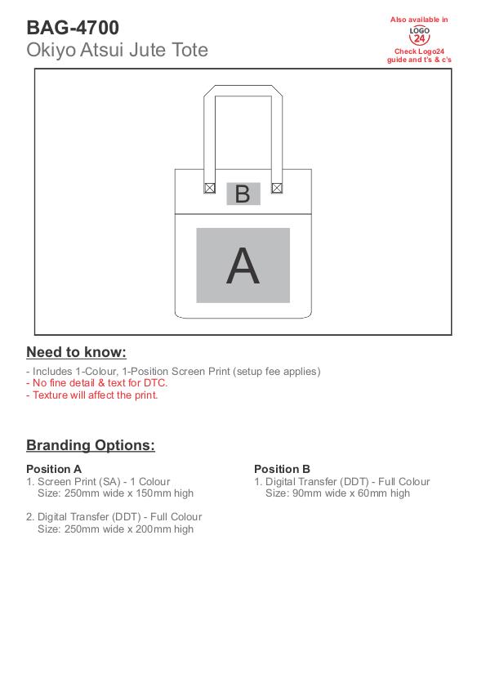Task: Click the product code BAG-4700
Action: [73, 28]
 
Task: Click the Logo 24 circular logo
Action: [419, 35]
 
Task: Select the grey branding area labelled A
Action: [243, 265]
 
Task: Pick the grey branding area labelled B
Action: [243, 194]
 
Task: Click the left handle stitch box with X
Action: [210, 188]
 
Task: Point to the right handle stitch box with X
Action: [277, 188]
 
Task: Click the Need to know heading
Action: [76, 352]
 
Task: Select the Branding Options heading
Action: [91, 445]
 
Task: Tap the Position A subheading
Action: [54, 469]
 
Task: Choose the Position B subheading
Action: [283, 469]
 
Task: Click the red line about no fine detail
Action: [97, 383]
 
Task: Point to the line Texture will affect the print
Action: [92, 395]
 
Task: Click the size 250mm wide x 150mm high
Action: [115, 493]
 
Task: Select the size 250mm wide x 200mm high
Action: [115, 529]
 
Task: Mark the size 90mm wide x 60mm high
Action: [337, 493]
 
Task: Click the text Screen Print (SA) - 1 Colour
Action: [104, 481]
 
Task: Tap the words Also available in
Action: [419, 20]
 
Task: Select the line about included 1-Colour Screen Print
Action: [173, 372]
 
